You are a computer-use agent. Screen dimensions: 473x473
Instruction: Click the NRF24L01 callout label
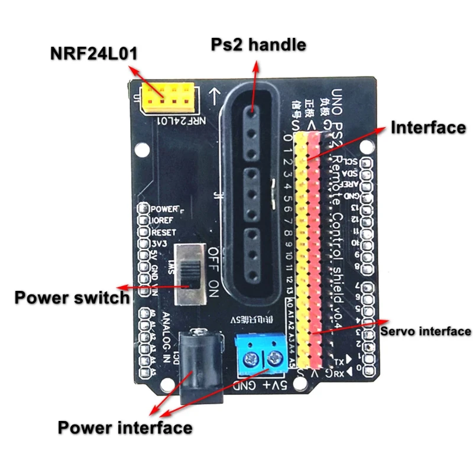(x=94, y=54)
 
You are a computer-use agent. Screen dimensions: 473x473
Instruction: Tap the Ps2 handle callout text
(x=258, y=44)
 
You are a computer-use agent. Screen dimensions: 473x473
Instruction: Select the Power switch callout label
(x=72, y=296)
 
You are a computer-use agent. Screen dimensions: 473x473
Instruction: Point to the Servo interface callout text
(x=425, y=331)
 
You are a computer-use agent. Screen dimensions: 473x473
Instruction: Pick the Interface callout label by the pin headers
(x=428, y=127)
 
